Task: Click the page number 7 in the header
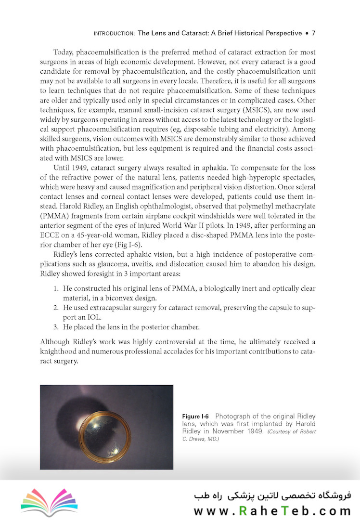point(313,33)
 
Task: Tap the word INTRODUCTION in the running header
point(114,34)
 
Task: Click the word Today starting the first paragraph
point(64,51)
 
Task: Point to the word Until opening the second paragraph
point(63,169)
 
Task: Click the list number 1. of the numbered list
point(56,288)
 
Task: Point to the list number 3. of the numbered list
point(56,327)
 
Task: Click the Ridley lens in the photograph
point(105,435)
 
